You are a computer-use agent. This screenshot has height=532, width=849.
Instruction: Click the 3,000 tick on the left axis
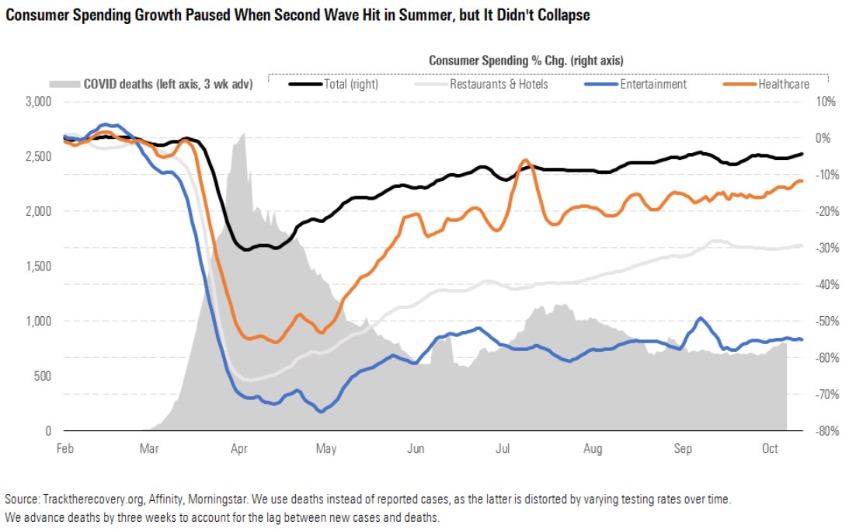(37, 102)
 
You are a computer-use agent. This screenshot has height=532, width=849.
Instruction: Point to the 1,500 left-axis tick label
(37, 266)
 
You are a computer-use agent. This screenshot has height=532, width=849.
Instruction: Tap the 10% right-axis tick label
(825, 102)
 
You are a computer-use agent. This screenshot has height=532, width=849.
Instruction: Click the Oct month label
(770, 449)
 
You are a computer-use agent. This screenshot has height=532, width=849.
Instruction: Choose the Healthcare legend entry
(783, 84)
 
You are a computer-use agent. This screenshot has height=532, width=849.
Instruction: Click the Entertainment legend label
(652, 84)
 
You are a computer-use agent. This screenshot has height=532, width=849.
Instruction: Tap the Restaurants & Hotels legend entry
(499, 84)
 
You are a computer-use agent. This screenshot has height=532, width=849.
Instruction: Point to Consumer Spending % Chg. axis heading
(527, 60)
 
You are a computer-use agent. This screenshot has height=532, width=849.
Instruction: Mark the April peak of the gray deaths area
(244, 134)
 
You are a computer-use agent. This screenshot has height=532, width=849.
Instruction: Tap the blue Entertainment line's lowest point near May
(320, 412)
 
